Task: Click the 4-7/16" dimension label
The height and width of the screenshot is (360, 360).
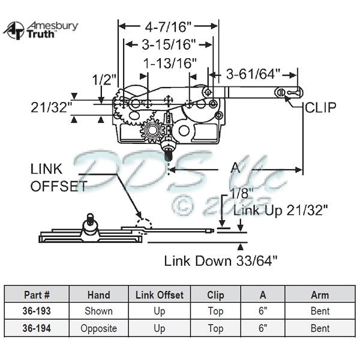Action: (x=167, y=26)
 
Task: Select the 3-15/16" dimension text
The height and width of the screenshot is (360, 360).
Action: (x=167, y=44)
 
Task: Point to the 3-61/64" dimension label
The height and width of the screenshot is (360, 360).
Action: (x=253, y=74)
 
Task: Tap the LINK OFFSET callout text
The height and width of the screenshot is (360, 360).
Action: (x=58, y=178)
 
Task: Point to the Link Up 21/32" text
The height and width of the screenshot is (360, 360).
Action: (x=281, y=211)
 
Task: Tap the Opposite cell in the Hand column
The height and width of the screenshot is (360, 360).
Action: (x=99, y=328)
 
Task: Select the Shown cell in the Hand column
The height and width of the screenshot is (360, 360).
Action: (x=99, y=311)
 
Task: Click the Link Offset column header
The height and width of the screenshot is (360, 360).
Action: (x=159, y=295)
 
